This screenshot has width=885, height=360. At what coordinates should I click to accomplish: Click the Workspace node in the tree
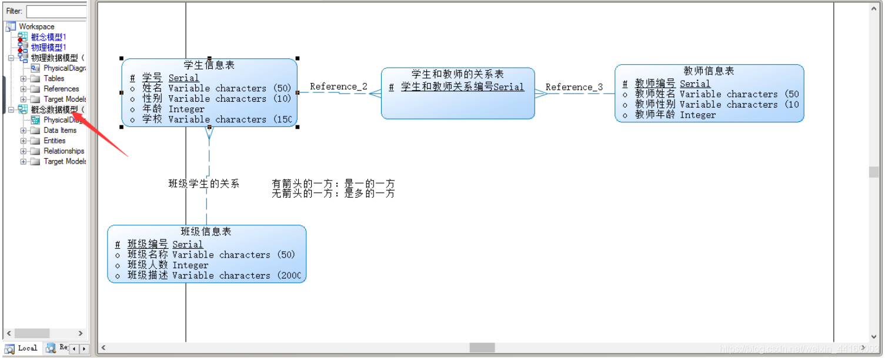[36, 26]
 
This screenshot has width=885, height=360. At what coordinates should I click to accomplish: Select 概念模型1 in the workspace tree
[48, 37]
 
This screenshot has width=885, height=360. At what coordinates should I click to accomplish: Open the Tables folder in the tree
[54, 78]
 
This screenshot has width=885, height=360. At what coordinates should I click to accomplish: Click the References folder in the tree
[61, 89]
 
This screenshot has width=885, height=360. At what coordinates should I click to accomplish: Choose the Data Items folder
[60, 131]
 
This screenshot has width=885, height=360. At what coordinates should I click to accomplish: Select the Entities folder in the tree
[54, 141]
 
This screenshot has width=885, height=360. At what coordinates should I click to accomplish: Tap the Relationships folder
[64, 151]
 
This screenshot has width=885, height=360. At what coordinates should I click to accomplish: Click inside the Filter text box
[56, 11]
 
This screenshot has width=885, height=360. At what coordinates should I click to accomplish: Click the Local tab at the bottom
[27, 348]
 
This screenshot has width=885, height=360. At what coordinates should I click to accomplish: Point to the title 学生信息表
[209, 65]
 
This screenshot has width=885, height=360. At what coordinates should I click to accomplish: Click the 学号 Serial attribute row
[171, 78]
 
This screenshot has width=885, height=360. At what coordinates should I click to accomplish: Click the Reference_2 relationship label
[339, 86]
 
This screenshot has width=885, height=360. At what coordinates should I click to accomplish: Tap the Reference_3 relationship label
[574, 87]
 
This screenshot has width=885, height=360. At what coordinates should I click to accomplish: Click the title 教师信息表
[709, 71]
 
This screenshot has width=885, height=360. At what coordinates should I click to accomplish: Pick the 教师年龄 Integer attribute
[675, 115]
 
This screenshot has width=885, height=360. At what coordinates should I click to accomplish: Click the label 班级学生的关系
[203, 184]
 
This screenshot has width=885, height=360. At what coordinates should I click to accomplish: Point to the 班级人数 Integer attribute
[168, 265]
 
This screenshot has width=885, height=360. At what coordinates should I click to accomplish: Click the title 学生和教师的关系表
[457, 75]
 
